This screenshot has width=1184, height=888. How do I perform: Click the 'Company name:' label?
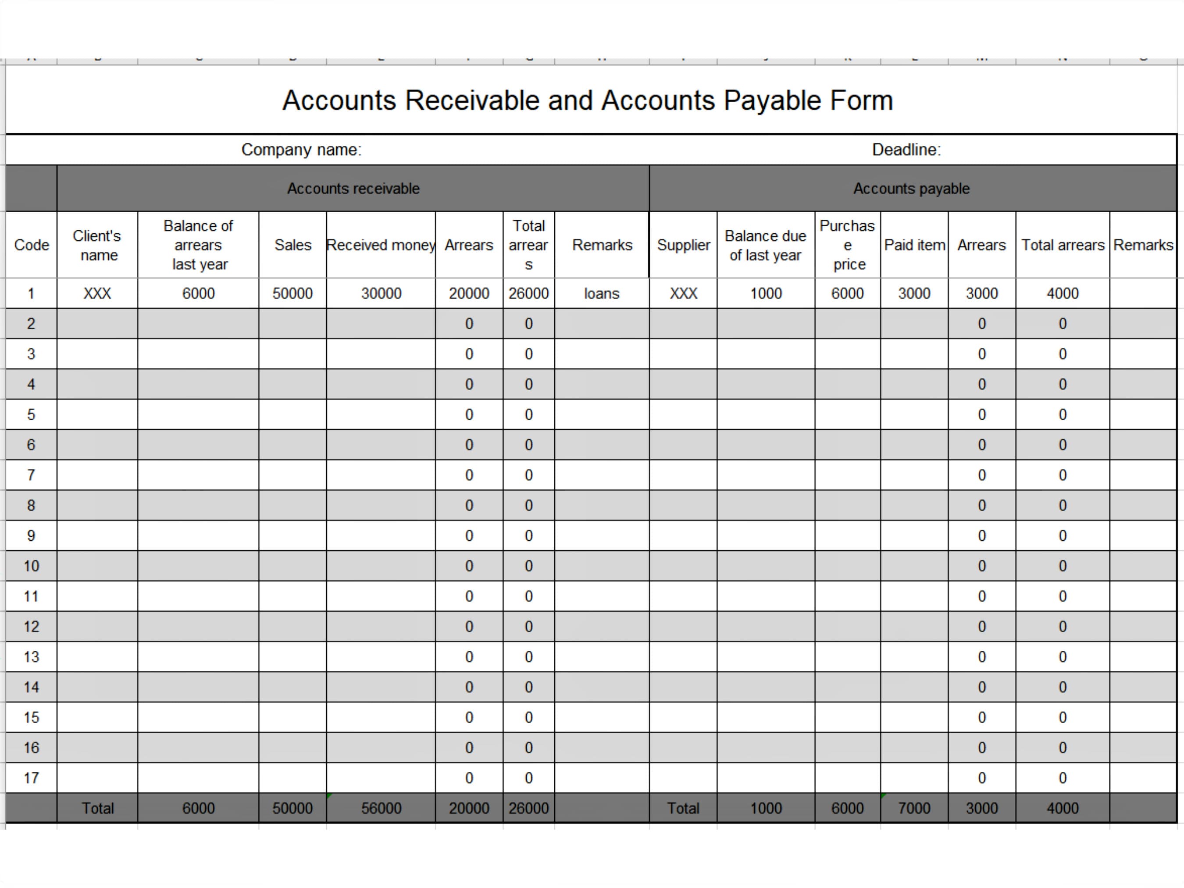pos(301,150)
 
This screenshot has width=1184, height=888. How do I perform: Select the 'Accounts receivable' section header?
pos(353,189)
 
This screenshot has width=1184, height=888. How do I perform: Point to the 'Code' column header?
pos(32,245)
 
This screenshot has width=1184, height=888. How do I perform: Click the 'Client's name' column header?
pos(97,245)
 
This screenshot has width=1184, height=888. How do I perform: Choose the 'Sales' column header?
pos(293,245)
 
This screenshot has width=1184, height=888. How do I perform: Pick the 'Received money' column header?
pos(381,245)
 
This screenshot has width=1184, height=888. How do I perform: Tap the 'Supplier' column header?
pos(684,245)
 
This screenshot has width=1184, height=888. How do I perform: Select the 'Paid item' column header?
pos(914,245)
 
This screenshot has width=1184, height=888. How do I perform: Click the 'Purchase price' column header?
pos(847,245)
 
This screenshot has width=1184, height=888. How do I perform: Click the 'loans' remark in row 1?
pos(602,293)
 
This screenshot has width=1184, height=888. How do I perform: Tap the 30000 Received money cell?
pos(381,293)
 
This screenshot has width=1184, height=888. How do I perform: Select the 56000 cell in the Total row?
pos(381,808)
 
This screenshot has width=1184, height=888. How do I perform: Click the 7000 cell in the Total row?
pos(914,808)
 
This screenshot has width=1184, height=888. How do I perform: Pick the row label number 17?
pos(31,778)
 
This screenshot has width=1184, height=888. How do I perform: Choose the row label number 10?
pos(31,566)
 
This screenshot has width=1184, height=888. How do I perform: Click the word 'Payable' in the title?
pos(772,100)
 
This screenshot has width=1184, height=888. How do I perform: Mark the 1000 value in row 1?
pos(766,293)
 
